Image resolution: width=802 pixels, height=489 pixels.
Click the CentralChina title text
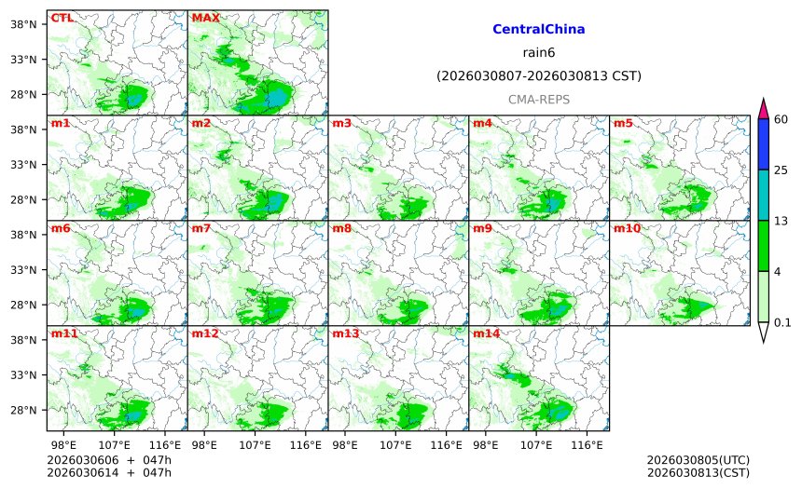tap(538, 30)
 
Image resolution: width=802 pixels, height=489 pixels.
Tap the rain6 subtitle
tap(538, 53)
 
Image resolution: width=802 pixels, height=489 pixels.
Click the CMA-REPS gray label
tap(538, 99)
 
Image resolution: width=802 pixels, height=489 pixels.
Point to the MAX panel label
tap(205, 18)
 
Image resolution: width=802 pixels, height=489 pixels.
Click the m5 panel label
tap(623, 123)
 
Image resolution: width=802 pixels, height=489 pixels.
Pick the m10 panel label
tap(627, 228)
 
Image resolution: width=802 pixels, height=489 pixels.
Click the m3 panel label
tap(342, 123)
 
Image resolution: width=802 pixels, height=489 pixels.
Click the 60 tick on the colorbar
tap(781, 119)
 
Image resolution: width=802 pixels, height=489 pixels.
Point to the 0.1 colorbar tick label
tap(783, 322)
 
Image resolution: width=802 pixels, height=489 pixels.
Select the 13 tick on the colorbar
tap(781, 220)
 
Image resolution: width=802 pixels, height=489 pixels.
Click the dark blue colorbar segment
tap(763, 144)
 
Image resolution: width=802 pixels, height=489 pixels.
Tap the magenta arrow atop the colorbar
tap(763, 107)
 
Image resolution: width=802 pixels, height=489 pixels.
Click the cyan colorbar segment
tap(763, 195)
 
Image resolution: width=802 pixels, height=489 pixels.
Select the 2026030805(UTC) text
tap(698, 460)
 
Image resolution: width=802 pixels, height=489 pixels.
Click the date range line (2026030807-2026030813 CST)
tap(538, 75)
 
